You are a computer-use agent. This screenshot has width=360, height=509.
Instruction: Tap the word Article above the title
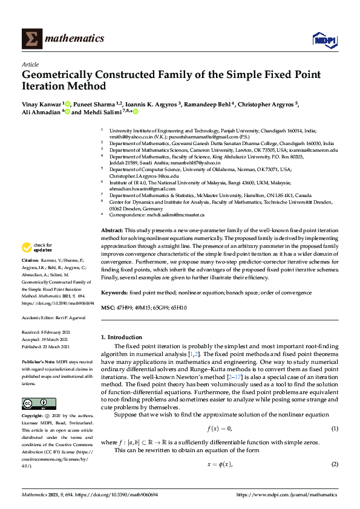coord(30,64)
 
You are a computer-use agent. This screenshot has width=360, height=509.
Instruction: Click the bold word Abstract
coord(112,230)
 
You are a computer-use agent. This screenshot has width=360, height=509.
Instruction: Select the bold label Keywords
coord(114,292)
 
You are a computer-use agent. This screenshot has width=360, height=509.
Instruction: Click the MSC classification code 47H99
coord(125,307)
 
